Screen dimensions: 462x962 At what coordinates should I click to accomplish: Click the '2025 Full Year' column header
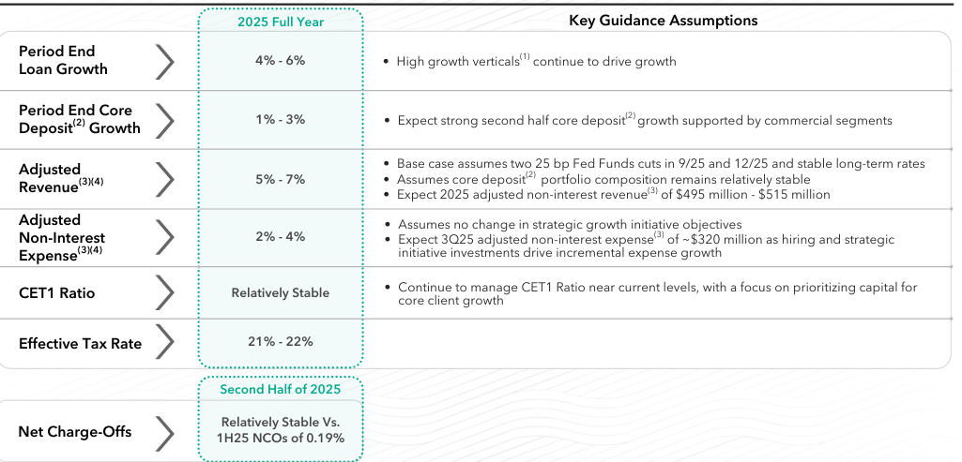[x=280, y=22]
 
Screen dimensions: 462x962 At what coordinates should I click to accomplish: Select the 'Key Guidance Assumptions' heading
[x=663, y=21]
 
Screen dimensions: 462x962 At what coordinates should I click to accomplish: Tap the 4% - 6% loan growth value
[x=280, y=60]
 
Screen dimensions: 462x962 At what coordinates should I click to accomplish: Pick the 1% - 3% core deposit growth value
[x=280, y=120]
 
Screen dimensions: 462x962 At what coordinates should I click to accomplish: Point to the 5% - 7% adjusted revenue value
[x=280, y=179]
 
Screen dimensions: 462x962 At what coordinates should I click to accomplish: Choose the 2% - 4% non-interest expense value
[x=280, y=236]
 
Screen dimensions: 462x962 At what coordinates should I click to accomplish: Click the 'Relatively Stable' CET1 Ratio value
[x=280, y=293]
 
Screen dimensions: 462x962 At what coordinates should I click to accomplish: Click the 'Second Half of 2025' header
[x=280, y=389]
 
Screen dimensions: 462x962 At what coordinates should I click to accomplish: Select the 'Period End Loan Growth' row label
[x=63, y=60]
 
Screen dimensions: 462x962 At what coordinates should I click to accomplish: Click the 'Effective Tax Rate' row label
[x=80, y=344]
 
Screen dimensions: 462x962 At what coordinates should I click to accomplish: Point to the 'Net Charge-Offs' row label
[x=75, y=432]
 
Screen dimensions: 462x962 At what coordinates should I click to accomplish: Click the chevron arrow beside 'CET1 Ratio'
[x=164, y=293]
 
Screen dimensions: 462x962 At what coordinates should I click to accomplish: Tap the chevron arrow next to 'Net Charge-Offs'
[x=164, y=433]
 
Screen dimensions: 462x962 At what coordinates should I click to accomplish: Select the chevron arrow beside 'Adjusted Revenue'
[x=164, y=178]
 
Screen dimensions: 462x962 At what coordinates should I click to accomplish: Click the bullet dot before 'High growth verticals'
[x=387, y=62]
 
